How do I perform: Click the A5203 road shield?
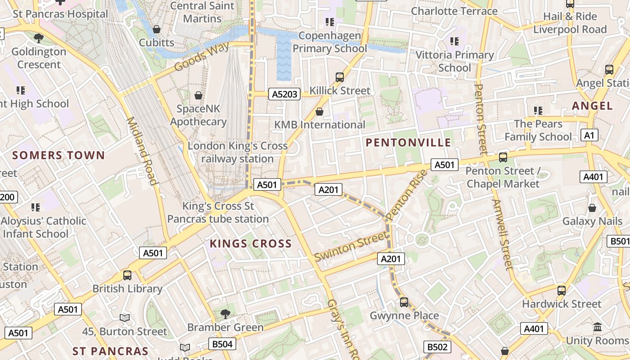tap(284, 94)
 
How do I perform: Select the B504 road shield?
tap(222, 344)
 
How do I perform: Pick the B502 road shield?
tap(437, 347)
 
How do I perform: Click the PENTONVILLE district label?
tap(408, 143)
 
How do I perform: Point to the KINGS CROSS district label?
tap(251, 244)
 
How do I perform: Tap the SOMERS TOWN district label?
tap(58, 156)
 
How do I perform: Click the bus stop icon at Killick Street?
tap(340, 77)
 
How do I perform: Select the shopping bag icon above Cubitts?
tap(157, 29)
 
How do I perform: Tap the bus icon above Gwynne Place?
tap(404, 302)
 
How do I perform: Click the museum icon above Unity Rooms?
tap(598, 327)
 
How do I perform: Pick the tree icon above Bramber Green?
tap(225, 314)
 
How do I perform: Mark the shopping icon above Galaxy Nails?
tap(592, 207)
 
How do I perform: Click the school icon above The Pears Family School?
tap(538, 110)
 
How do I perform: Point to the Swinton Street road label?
tap(351, 246)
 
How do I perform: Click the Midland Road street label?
tap(142, 151)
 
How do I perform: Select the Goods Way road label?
tap(201, 57)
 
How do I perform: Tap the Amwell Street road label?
tap(502, 234)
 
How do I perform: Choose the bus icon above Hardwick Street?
tap(561, 290)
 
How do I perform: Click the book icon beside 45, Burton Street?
tap(125, 318)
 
